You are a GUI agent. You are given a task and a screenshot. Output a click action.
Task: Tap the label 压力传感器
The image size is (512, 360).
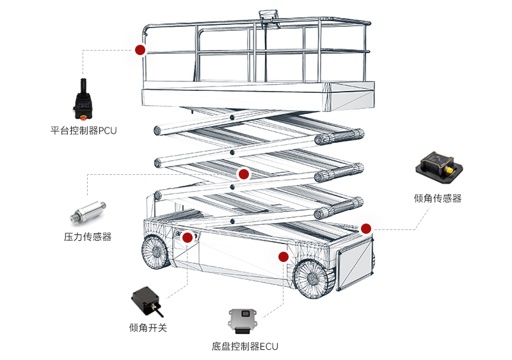click(88, 237)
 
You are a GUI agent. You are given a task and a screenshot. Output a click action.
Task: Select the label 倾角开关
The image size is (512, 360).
click(148, 328)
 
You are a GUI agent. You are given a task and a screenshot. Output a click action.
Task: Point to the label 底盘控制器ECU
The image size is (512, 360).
click(245, 347)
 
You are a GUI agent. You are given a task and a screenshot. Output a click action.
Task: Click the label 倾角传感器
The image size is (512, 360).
click(438, 199)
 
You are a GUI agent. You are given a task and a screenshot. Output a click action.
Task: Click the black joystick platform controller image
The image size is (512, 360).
click(84, 100)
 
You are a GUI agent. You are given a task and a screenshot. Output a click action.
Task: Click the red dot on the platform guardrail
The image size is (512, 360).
click(140, 49)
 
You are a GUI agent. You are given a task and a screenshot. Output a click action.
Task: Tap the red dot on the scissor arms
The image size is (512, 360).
click(243, 174)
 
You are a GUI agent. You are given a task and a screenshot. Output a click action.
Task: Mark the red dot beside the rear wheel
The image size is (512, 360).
click(187, 238)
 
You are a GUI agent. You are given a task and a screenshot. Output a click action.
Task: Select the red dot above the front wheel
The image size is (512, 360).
click(282, 257)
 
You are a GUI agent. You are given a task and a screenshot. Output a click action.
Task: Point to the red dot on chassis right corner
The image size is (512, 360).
click(366, 228)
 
